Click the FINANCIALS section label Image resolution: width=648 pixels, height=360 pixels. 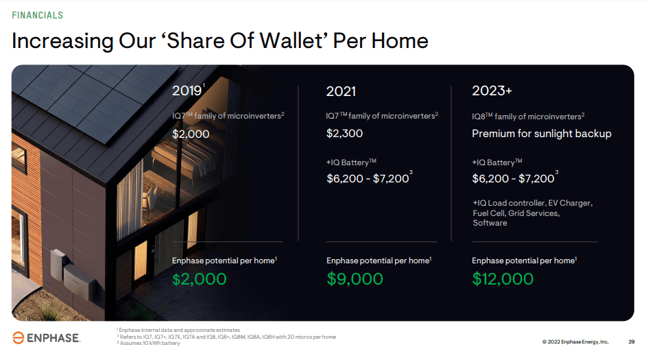pyautogui.click(x=38, y=15)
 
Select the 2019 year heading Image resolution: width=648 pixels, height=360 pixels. pyautogui.click(x=187, y=91)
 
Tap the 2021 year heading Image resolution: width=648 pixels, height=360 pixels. pyautogui.click(x=341, y=91)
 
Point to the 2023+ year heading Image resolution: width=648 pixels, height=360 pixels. pyautogui.click(x=492, y=91)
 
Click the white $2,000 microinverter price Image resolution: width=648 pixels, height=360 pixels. pyautogui.click(x=191, y=134)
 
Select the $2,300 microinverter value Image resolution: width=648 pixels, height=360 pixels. pyautogui.click(x=345, y=133)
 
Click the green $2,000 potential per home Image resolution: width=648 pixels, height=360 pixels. pyautogui.click(x=199, y=279)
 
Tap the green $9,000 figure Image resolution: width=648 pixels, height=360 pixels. pyautogui.click(x=355, y=279)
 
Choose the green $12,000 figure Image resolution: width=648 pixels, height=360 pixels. pyautogui.click(x=503, y=279)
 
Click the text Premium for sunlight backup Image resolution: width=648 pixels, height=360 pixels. pyautogui.click(x=542, y=134)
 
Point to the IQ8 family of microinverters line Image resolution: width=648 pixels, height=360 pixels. pyautogui.click(x=528, y=117)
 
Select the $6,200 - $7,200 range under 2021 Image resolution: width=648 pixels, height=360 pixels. pyautogui.click(x=368, y=178)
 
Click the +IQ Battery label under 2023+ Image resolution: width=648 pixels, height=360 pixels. pyautogui.click(x=497, y=163)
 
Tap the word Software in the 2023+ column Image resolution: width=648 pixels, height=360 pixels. pyautogui.click(x=490, y=223)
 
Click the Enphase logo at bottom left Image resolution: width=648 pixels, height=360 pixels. pyautogui.click(x=47, y=337)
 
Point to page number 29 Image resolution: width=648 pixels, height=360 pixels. pyautogui.click(x=631, y=341)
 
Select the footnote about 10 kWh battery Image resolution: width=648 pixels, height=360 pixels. pyautogui.click(x=149, y=343)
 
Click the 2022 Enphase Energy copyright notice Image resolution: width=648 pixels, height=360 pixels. pyautogui.click(x=575, y=341)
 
